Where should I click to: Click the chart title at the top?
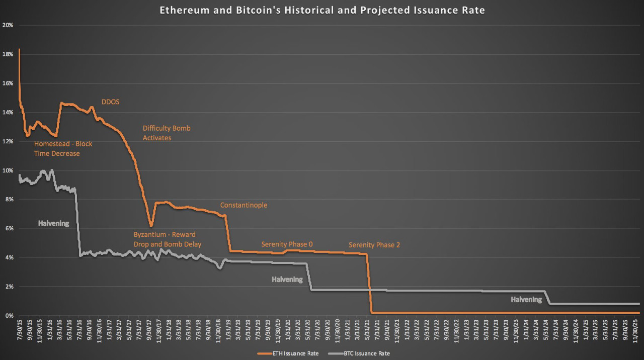tap(322, 11)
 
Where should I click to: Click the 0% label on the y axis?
tap(9, 316)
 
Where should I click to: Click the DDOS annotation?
tap(110, 102)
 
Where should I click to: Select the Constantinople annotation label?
tap(244, 205)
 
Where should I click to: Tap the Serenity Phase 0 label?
tap(287, 244)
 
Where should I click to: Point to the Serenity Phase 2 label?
tap(374, 245)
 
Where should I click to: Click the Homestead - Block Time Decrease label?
tap(63, 149)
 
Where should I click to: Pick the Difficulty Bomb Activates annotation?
tap(167, 133)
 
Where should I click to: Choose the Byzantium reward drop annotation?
tap(167, 239)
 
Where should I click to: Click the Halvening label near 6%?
tap(53, 223)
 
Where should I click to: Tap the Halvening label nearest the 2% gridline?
tap(287, 280)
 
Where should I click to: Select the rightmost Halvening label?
tap(526, 300)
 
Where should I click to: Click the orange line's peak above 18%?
tap(19, 49)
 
